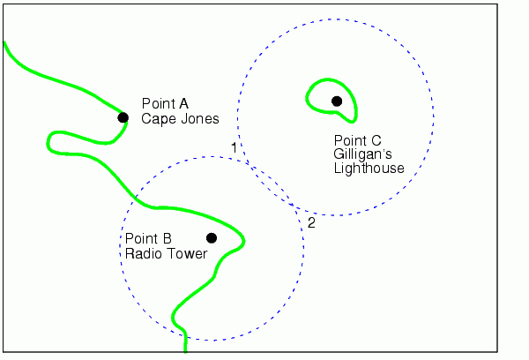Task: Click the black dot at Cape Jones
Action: click(123, 117)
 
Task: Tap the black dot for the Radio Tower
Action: click(212, 237)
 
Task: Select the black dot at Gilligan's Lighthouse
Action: click(336, 101)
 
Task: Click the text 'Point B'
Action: click(148, 238)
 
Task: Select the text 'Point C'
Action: click(358, 139)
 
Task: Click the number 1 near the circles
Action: click(234, 146)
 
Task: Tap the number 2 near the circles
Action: click(311, 222)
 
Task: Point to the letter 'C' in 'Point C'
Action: click(376, 139)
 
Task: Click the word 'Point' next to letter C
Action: click(350, 139)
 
